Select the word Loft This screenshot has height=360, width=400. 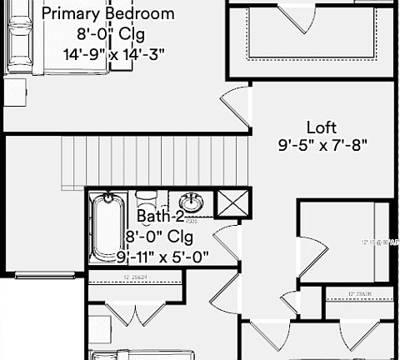[x=322, y=127]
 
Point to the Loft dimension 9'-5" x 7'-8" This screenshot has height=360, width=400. [x=322, y=144]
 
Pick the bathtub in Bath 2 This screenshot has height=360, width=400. [x=107, y=227]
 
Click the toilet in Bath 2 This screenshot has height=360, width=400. [x=147, y=201]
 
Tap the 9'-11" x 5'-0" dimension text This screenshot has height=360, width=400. [x=162, y=255]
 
